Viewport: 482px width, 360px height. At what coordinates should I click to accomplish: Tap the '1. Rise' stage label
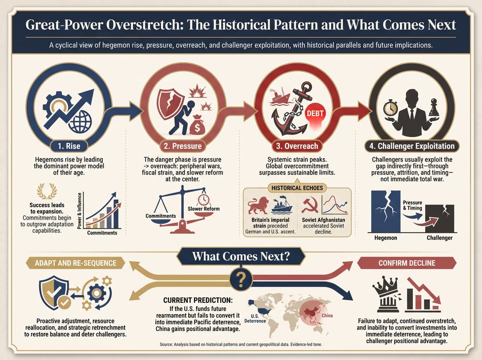pos(69,146)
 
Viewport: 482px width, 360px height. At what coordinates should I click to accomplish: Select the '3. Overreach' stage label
pos(297,146)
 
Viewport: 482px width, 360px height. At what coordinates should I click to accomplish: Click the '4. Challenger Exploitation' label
pos(412,146)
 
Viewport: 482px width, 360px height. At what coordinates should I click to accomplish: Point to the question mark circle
pos(241,279)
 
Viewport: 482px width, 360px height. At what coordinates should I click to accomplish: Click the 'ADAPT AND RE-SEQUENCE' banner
pos(75,263)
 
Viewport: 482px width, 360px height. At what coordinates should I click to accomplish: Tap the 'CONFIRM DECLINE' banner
pos(407,263)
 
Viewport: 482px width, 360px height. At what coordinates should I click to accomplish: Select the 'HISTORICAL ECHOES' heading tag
pos(297,188)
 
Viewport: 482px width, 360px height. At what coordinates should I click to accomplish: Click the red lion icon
pos(258,205)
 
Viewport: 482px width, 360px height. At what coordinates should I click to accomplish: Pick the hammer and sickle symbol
pos(310,205)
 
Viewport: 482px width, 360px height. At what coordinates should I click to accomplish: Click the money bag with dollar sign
pos(196,125)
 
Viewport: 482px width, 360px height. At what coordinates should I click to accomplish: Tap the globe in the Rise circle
pos(80,121)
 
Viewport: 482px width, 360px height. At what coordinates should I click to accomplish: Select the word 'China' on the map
pos(327,315)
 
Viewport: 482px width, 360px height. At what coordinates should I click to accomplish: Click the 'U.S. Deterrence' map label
pos(255,318)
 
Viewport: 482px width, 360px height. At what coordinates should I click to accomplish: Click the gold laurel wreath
pos(47,191)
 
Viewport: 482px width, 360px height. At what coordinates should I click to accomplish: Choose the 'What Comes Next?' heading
pos(241,256)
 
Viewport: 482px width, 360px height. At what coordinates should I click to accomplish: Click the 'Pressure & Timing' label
pos(412,205)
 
